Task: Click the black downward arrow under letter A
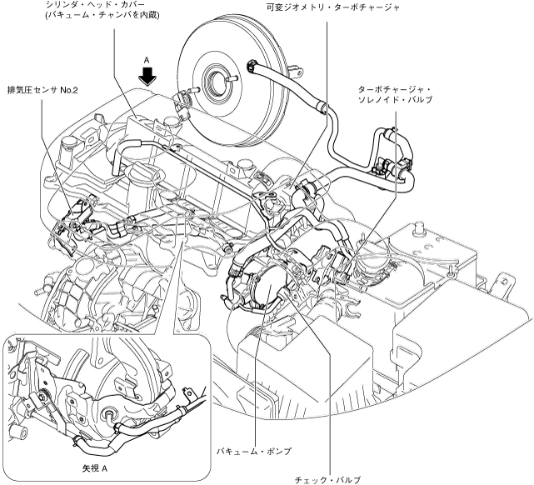click(147, 77)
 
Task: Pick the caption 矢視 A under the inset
click(97, 468)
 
